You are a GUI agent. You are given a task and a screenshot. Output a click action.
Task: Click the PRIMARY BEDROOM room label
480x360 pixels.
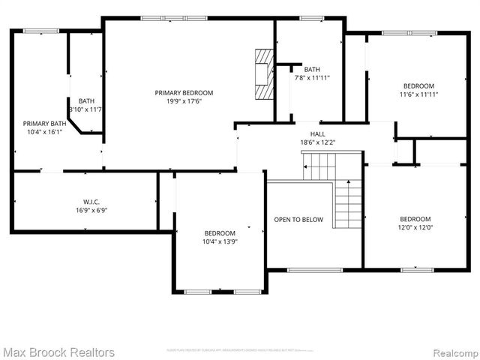tap(184, 93)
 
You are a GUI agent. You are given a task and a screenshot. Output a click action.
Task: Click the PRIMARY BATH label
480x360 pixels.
tap(44, 124)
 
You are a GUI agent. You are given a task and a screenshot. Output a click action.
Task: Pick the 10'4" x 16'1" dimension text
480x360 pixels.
tap(44, 132)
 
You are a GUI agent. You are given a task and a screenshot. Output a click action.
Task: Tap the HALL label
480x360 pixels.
tap(307, 133)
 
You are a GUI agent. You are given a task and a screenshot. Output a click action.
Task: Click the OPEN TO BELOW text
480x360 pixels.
tap(298, 220)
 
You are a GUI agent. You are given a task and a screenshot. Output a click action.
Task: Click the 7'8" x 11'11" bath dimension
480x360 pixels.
tap(312, 77)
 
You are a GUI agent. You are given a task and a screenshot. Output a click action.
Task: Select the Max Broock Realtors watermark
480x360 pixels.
tap(58, 352)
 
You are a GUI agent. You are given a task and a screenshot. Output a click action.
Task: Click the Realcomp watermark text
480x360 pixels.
tap(453, 352)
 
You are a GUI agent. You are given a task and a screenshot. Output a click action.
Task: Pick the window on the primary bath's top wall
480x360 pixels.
tap(41, 31)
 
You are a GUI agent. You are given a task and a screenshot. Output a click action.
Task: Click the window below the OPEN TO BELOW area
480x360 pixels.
tap(304, 270)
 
